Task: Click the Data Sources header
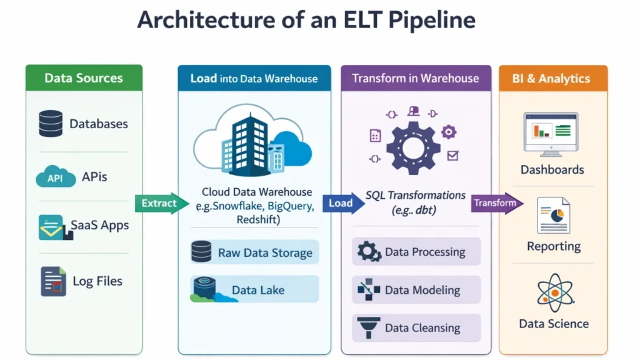(84, 78)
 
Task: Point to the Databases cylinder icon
(51, 124)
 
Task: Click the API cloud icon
(56, 177)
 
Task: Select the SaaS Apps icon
(51, 227)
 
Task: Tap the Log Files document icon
(53, 281)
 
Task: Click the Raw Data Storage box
(254, 252)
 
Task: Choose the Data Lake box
(254, 289)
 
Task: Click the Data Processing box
(416, 252)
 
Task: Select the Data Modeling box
(416, 290)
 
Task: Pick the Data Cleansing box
(416, 328)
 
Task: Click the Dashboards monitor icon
(551, 134)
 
